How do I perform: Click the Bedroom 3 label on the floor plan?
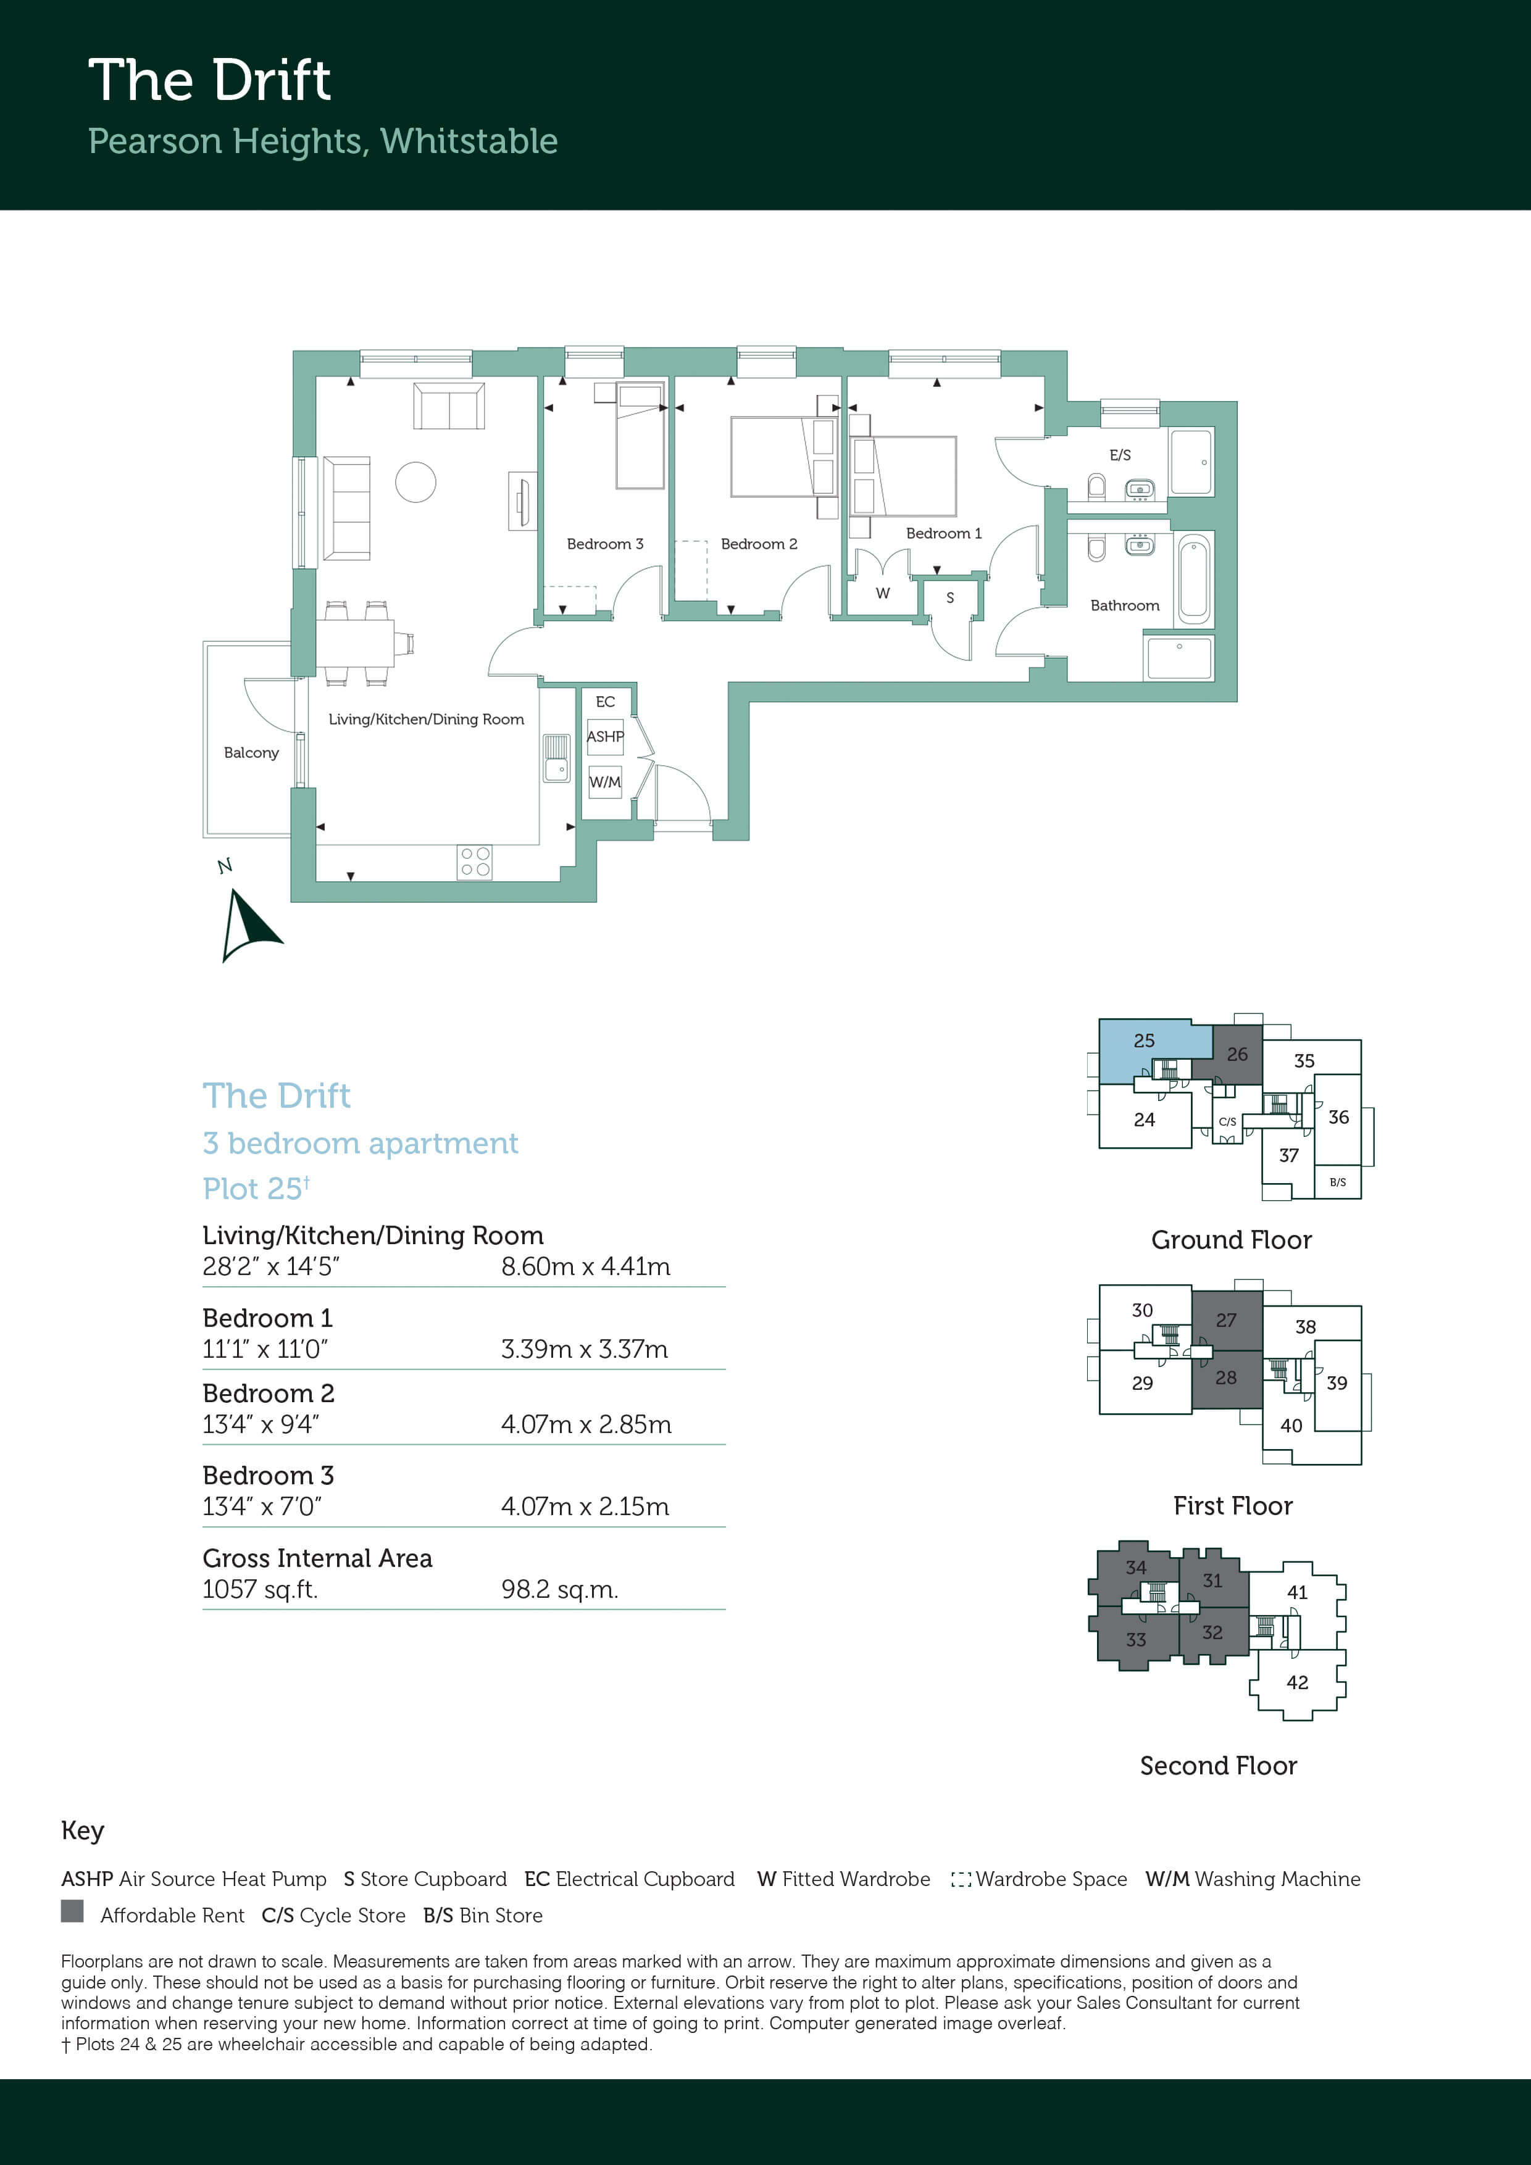click(x=604, y=544)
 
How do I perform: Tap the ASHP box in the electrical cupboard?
click(x=604, y=736)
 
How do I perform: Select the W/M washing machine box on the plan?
click(x=604, y=782)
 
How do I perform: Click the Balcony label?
click(x=251, y=752)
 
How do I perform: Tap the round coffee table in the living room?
click(x=415, y=482)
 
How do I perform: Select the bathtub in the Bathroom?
click(x=1193, y=579)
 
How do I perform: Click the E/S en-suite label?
click(x=1120, y=454)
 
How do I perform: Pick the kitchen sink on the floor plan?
click(x=557, y=757)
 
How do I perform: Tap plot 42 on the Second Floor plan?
click(x=1297, y=1682)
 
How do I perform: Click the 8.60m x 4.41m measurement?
click(x=586, y=1266)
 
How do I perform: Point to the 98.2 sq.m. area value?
click(x=559, y=1590)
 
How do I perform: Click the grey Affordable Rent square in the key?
click(x=72, y=1911)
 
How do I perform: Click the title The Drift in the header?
click(x=209, y=80)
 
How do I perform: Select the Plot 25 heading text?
click(x=256, y=1188)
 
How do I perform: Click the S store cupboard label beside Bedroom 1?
click(x=950, y=598)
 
